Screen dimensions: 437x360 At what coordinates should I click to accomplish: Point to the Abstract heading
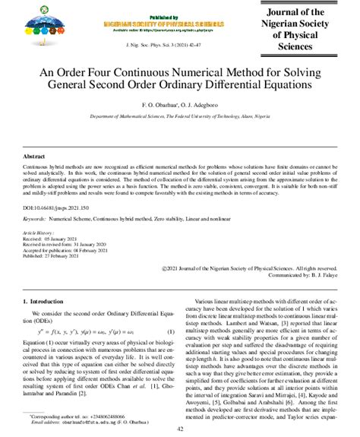pyautogui.click(x=36, y=155)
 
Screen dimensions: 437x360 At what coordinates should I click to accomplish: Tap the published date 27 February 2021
pyautogui.click(x=76, y=256)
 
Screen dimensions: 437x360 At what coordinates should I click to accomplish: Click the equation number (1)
pyautogui.click(x=172, y=331)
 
